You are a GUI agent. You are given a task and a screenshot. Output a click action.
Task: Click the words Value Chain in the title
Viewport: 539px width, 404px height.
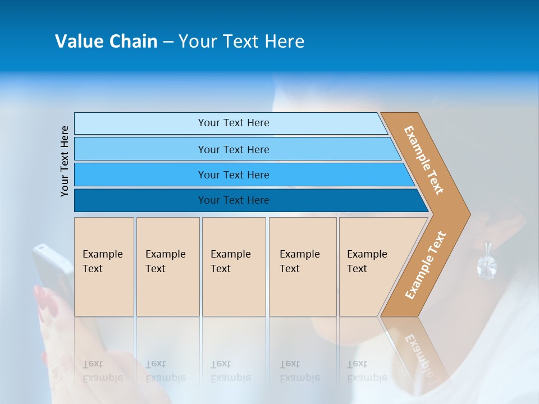106,41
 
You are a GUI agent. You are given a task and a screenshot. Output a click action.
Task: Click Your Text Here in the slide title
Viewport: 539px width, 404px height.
241,41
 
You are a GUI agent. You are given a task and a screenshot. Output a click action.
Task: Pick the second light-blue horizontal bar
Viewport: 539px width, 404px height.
233,149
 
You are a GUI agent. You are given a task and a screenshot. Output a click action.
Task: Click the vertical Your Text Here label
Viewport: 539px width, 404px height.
65,161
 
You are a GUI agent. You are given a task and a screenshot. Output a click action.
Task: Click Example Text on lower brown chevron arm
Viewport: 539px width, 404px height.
425,265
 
